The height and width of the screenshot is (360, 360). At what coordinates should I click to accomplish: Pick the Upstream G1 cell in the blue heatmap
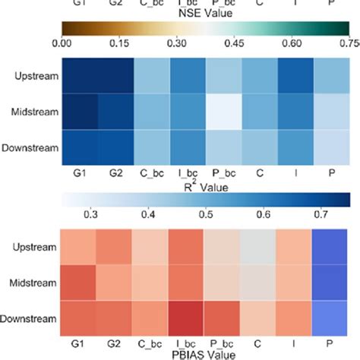coord(79,74)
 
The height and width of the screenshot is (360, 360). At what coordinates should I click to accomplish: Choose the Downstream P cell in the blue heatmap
coord(335,147)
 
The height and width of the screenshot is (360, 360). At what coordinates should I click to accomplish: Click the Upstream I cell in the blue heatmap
coord(298,74)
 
